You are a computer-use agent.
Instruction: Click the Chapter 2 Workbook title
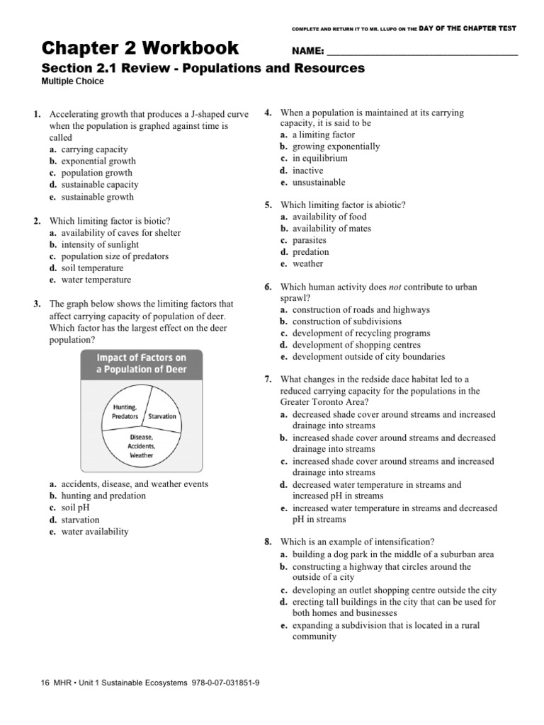(x=140, y=48)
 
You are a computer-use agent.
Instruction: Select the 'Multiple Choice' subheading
(x=73, y=81)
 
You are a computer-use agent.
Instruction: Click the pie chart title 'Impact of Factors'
(x=142, y=363)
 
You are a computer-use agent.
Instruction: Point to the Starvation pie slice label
(x=162, y=416)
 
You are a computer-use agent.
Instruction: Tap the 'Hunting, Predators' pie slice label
(x=125, y=412)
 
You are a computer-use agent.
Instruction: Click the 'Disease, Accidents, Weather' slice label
(x=141, y=447)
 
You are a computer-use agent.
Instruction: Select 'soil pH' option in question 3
(x=76, y=508)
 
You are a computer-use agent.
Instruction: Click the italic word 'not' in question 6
(x=395, y=287)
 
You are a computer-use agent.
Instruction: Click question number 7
(x=269, y=379)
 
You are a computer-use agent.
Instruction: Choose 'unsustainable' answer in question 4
(x=319, y=182)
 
